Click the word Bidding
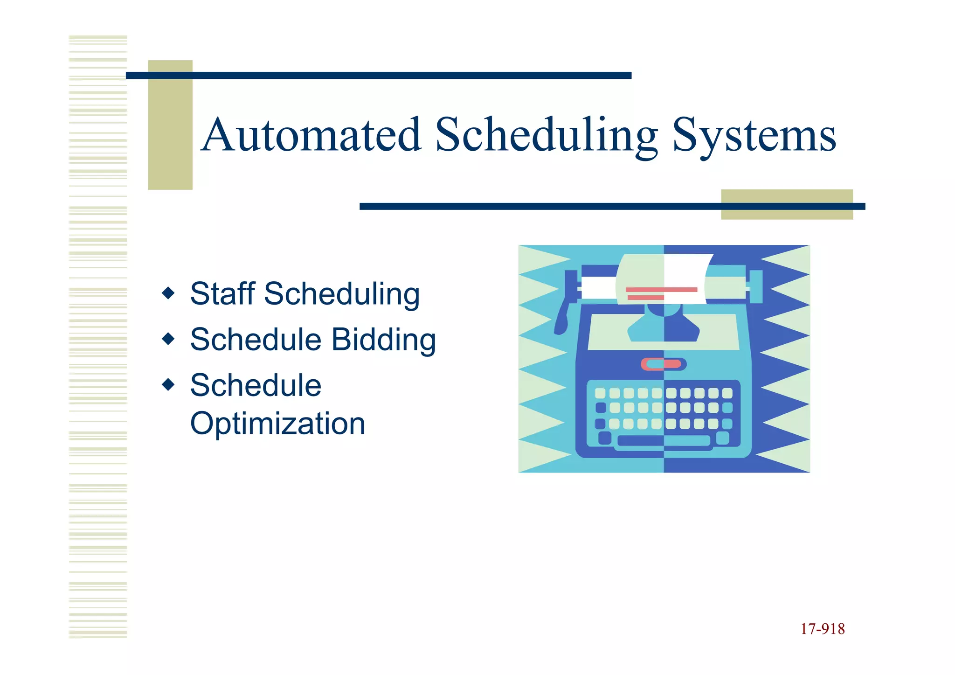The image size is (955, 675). coord(383,340)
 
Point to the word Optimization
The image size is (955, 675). coord(277,424)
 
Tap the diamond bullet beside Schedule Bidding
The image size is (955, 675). coord(168,339)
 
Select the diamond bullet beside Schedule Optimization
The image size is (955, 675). coord(168,384)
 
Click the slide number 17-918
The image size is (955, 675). coord(822,629)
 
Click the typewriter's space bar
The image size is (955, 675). coord(663,440)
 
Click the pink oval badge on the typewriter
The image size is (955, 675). coord(663,364)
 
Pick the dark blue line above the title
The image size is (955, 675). coord(379,76)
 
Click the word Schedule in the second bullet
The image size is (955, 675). coord(256,340)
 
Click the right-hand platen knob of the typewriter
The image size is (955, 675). coord(755,286)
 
